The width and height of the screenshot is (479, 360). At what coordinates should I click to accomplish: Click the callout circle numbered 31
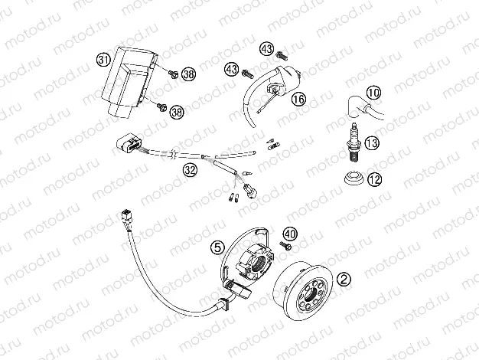tap(104, 58)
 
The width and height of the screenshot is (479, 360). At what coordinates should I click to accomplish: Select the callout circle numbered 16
tap(298, 99)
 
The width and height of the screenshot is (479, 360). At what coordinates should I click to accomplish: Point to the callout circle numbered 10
tap(373, 93)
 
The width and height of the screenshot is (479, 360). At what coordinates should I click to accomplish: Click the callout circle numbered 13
tap(373, 143)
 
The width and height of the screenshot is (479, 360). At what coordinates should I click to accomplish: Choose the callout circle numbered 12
tap(373, 179)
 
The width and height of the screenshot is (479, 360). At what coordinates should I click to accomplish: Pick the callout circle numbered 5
tap(218, 247)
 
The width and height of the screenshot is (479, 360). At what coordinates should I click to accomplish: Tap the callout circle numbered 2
tap(344, 280)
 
